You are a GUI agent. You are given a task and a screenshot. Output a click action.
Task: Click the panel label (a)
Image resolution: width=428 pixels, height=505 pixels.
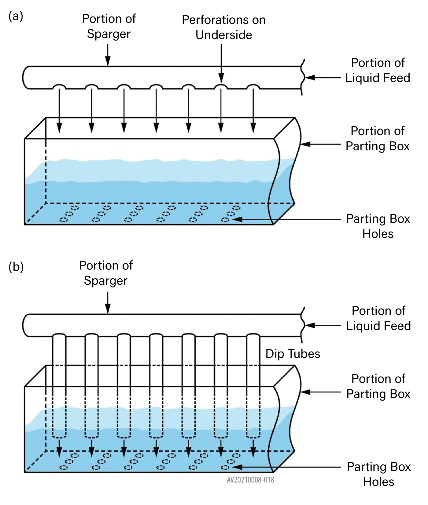16,16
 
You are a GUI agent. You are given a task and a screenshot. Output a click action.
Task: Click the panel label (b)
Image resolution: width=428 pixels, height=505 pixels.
16,267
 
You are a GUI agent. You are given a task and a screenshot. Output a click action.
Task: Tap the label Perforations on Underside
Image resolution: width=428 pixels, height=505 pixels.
224,27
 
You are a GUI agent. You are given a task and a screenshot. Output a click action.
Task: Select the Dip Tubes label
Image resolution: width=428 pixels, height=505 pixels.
293,354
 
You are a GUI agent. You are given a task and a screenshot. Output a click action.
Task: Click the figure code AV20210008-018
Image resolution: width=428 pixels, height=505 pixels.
250,480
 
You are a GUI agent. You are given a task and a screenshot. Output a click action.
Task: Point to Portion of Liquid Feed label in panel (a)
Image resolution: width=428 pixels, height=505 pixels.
378,70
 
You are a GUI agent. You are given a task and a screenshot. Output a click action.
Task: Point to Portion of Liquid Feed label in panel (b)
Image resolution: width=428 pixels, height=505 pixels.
378,318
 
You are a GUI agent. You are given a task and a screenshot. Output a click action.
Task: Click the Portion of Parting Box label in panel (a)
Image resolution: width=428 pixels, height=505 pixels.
378,138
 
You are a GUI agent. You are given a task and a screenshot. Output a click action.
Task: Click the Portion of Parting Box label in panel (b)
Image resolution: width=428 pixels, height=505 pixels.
378,386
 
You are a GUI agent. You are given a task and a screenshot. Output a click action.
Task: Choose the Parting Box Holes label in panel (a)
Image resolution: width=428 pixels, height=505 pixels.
378,226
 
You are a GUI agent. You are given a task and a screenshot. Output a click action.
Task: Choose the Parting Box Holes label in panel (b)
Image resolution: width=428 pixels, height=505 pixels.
378,474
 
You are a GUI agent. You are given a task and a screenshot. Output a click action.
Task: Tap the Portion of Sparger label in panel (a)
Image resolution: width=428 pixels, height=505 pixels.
109,26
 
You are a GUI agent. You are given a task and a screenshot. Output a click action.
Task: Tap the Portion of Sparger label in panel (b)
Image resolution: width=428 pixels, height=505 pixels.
106,273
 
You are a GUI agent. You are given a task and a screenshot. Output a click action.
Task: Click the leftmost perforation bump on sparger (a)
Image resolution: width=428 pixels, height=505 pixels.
59,87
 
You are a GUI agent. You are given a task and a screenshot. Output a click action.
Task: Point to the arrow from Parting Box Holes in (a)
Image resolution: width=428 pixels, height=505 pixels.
286,219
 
